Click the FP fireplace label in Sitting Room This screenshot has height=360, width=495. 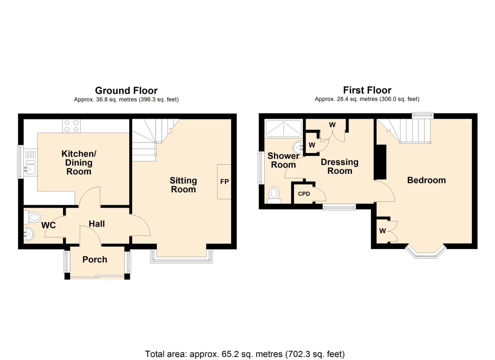(224, 182)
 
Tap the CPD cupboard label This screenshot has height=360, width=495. (304, 194)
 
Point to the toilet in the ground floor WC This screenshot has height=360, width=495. (34, 218)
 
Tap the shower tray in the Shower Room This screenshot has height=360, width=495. (283, 128)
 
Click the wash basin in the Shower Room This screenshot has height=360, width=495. (298, 146)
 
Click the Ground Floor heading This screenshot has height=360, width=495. (126, 90)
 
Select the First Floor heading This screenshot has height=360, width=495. (367, 90)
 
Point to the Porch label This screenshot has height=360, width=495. (95, 259)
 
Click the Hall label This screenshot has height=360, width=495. (97, 224)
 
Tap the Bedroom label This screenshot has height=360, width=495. (426, 180)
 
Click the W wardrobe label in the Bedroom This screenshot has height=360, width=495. (382, 231)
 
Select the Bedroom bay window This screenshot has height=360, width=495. (426, 253)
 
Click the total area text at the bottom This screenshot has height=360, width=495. (245, 354)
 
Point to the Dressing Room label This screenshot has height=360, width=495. (339, 166)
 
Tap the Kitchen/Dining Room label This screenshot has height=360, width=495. (79, 162)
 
